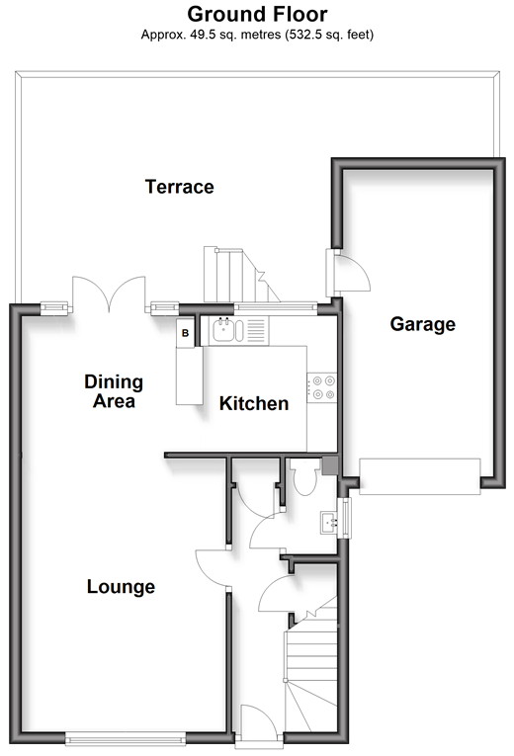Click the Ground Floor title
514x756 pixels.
[257, 14]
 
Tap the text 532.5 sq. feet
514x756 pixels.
[329, 35]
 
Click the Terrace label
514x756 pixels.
[179, 187]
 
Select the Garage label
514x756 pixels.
[422, 324]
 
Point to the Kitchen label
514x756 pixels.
[254, 403]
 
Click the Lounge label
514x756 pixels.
[121, 587]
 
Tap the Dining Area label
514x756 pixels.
[114, 391]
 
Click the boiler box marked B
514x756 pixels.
[185, 333]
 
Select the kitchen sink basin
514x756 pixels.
[223, 331]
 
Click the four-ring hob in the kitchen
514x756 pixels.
[322, 387]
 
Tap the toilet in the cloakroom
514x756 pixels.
[304, 477]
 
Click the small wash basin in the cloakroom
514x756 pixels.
[329, 523]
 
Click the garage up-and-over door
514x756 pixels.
[419, 476]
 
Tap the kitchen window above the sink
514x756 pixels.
[276, 308]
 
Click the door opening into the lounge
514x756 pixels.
[212, 568]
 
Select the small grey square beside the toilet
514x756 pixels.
[330, 466]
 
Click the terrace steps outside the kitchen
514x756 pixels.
[241, 275]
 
